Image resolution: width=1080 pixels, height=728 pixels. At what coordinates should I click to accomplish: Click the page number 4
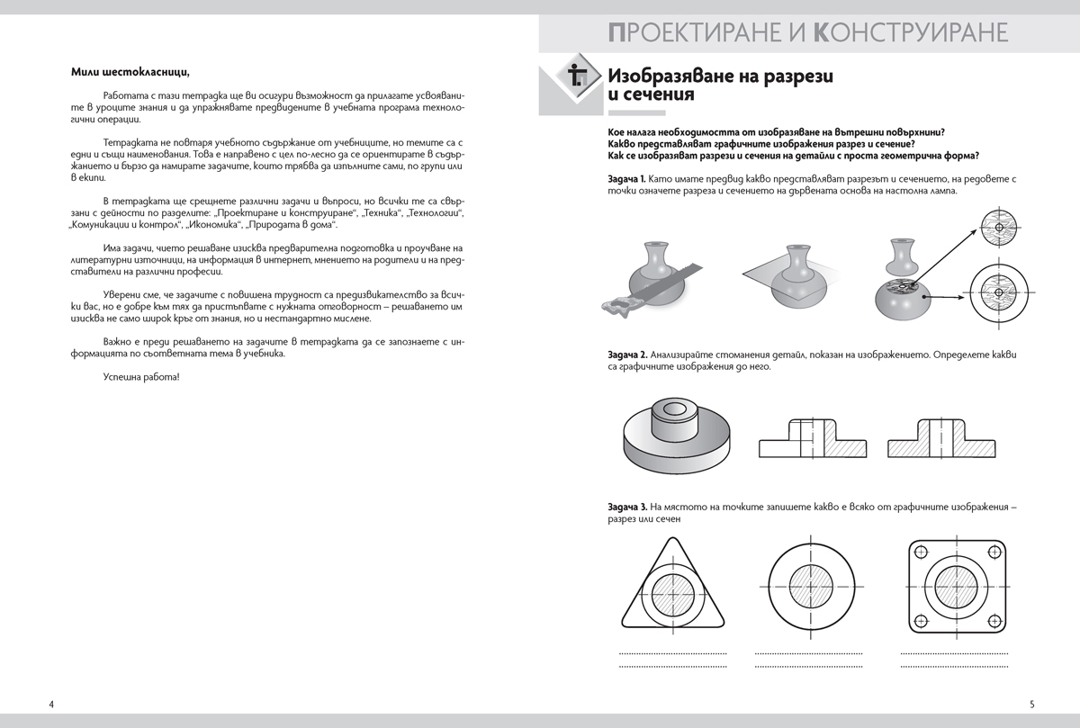pos(51,703)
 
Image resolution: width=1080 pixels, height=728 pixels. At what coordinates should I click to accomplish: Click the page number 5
pos(1031,703)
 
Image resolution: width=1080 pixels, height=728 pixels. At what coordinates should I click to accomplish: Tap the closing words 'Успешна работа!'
pos(141,376)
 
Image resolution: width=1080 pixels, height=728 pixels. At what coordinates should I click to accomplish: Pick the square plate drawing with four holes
pos(958,586)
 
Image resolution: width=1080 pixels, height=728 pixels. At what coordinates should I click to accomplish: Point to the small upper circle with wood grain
pos(999,228)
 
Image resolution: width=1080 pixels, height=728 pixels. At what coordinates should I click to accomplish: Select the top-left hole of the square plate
pos(919,552)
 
